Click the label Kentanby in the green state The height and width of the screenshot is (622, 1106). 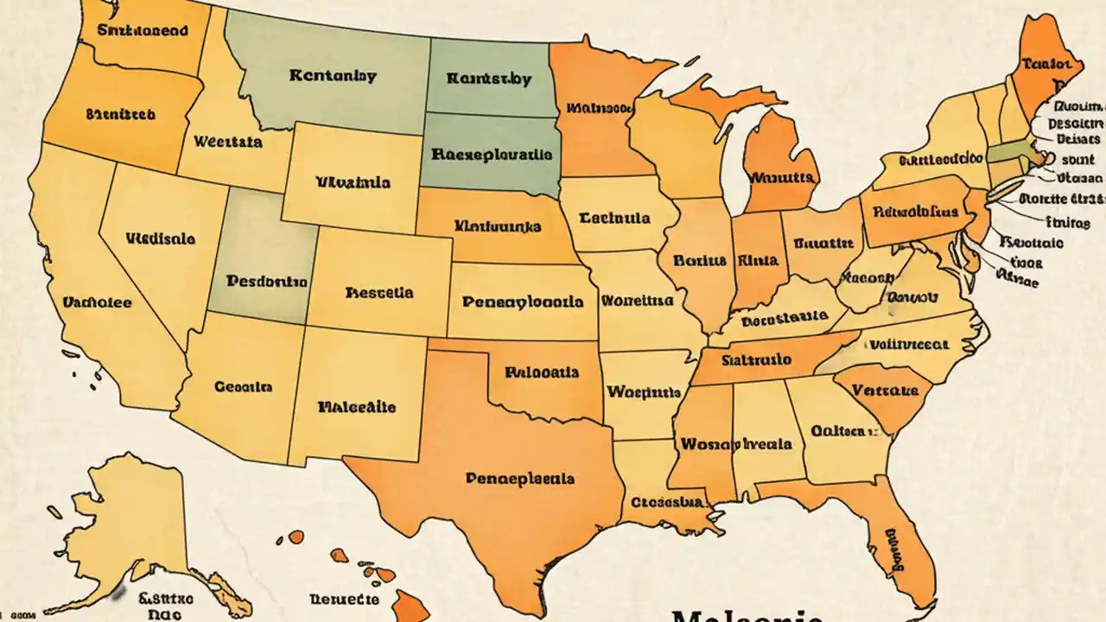coord(333,76)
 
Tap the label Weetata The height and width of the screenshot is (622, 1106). coord(228,141)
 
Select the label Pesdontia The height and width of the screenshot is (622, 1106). coord(266,282)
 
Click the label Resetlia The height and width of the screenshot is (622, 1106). coord(378,293)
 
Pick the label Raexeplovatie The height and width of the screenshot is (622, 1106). coord(490,155)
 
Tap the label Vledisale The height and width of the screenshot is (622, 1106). coord(161,238)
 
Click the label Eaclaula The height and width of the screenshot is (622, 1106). coord(615,218)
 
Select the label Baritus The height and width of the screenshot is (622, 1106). coord(690,260)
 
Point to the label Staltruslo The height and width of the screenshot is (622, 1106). coord(756,359)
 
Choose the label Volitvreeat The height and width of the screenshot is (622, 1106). coord(908,343)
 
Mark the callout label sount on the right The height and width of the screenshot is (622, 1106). coord(1077,160)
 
